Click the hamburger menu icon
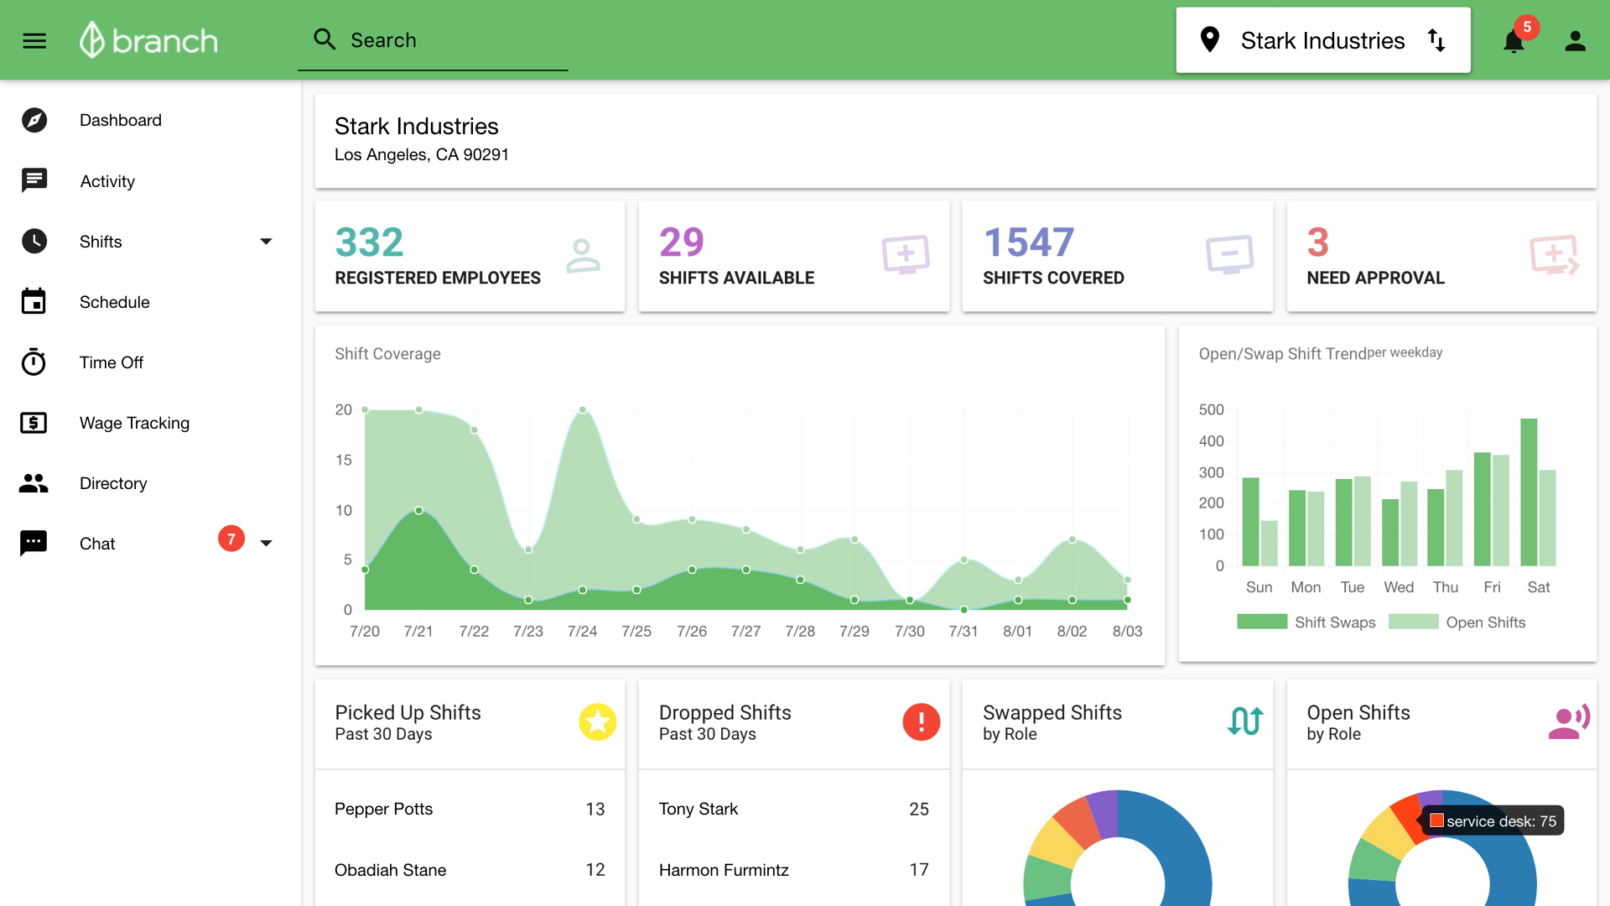tap(34, 40)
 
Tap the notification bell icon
tap(1514, 41)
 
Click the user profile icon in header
tap(1576, 41)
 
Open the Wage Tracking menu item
tap(134, 423)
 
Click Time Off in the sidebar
tap(111, 362)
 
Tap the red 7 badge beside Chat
tap(231, 539)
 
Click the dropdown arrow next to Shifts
tap(266, 242)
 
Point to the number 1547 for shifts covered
tap(1028, 242)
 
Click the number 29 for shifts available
tap(681, 242)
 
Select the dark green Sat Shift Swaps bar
tap(1529, 492)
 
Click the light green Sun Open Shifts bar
tap(1270, 543)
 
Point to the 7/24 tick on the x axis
tap(582, 631)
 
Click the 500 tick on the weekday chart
tap(1211, 409)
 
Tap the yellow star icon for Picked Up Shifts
tap(597, 721)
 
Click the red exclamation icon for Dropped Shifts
tap(921, 721)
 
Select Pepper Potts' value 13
tap(595, 809)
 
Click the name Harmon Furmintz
tap(724, 870)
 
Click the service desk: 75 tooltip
tap(1493, 820)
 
